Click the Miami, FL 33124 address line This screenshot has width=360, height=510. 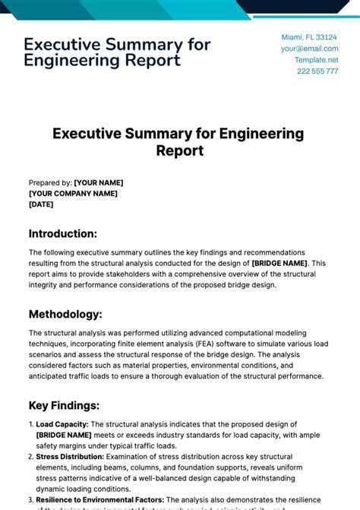309,36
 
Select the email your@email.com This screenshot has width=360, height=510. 309,48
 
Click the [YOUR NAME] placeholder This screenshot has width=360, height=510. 98,182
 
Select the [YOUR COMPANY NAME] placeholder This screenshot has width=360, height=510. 73,193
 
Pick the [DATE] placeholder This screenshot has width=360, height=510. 41,204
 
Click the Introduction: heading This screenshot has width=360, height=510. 63,233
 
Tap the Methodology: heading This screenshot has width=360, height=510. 65,314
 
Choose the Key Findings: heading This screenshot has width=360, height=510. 65,405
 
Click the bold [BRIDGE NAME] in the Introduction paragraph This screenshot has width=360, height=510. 279,263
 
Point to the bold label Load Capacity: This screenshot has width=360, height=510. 62,424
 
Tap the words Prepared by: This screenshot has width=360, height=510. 50,182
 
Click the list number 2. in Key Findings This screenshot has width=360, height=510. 31,457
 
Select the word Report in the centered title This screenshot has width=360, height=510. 180,150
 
